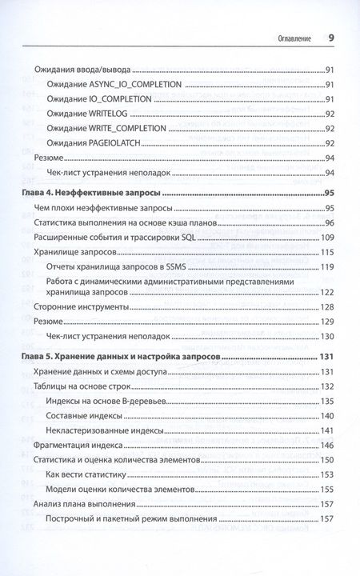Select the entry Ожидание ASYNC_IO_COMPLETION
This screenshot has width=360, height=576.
[115, 85]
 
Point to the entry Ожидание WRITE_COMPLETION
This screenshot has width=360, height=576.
[106, 128]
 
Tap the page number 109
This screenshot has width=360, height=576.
[326, 237]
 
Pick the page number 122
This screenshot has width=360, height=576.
[326, 293]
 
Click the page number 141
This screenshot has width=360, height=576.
[326, 430]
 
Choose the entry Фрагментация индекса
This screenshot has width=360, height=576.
[85, 445]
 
